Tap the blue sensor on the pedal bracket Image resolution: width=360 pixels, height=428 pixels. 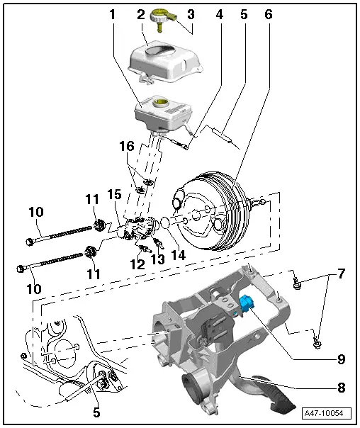[247, 304]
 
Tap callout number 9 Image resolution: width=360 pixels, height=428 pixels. [341, 359]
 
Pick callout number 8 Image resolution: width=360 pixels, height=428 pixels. [341, 388]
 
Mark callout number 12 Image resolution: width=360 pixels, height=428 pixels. [137, 264]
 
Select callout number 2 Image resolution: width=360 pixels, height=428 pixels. [142, 14]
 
